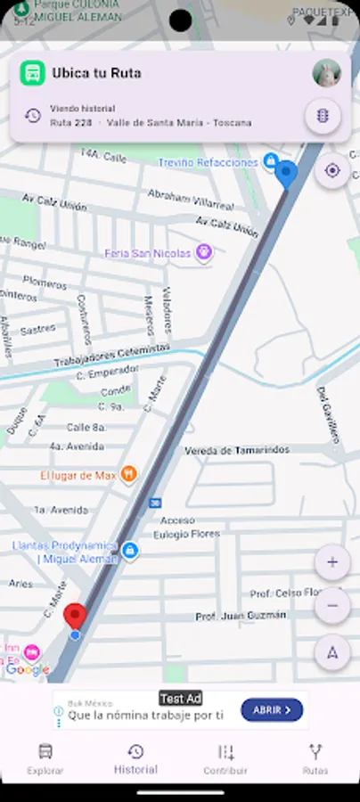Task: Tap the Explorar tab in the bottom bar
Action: point(45,758)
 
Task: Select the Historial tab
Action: point(135,758)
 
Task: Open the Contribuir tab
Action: point(225,758)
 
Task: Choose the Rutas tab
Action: point(315,758)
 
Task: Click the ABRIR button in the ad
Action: point(272,710)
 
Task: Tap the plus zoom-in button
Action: point(332,562)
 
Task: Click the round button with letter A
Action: point(332,652)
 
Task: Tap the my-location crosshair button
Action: point(332,170)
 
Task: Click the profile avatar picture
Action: point(327,73)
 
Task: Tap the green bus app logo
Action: point(33,73)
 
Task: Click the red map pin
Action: point(76,617)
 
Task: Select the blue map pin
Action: point(286,173)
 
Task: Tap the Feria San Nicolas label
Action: point(148,253)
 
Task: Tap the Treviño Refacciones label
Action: point(209,162)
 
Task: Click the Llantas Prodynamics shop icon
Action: point(130,551)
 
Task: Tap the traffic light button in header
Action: point(323,116)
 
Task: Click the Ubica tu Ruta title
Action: point(96,73)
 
